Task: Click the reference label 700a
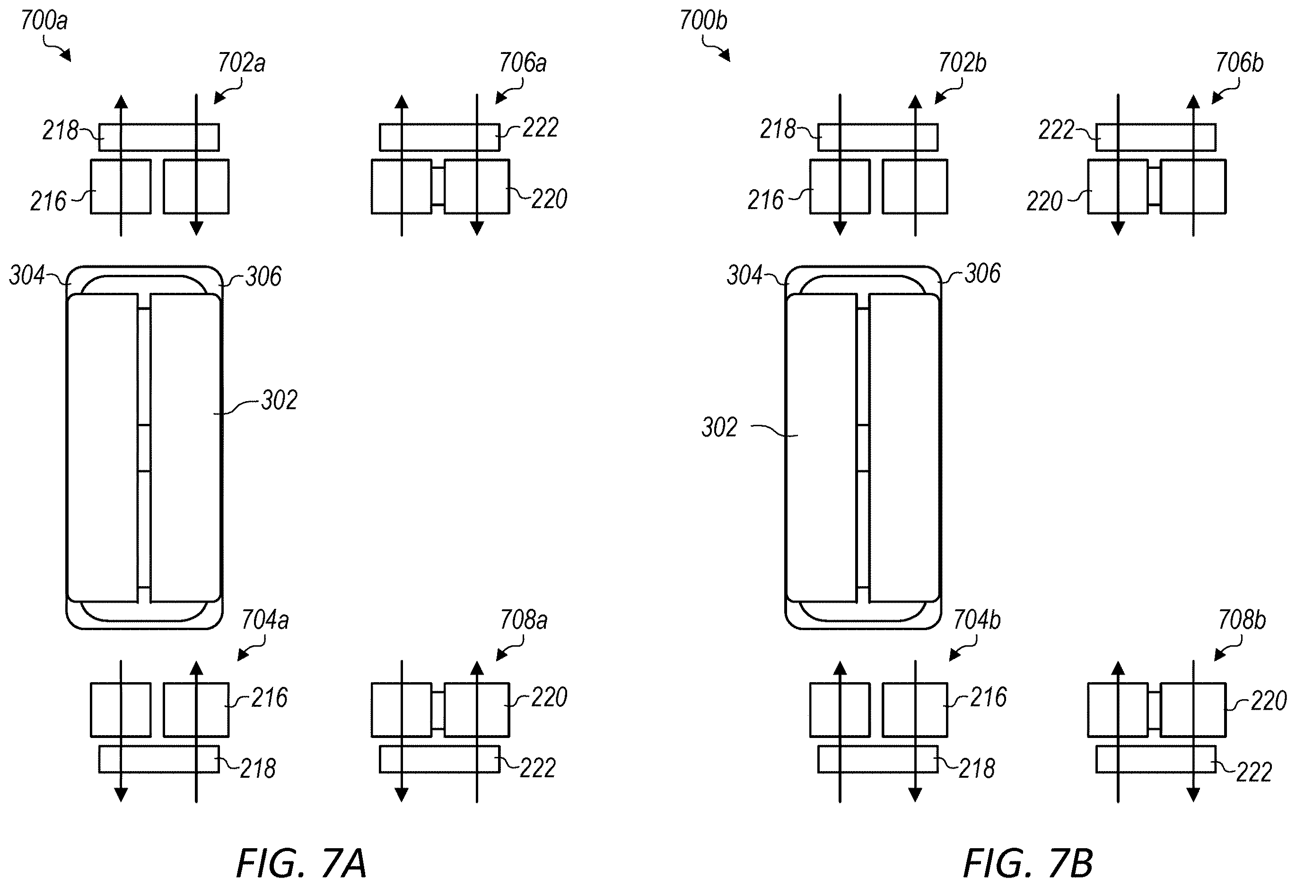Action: [x=44, y=21]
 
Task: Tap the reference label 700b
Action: [x=703, y=21]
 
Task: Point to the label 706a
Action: [x=523, y=63]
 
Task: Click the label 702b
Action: [x=962, y=63]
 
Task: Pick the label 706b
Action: [x=1239, y=63]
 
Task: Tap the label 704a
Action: [x=265, y=620]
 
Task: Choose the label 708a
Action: [x=524, y=620]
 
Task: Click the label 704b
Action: [x=976, y=620]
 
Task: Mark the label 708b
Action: [x=1241, y=620]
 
